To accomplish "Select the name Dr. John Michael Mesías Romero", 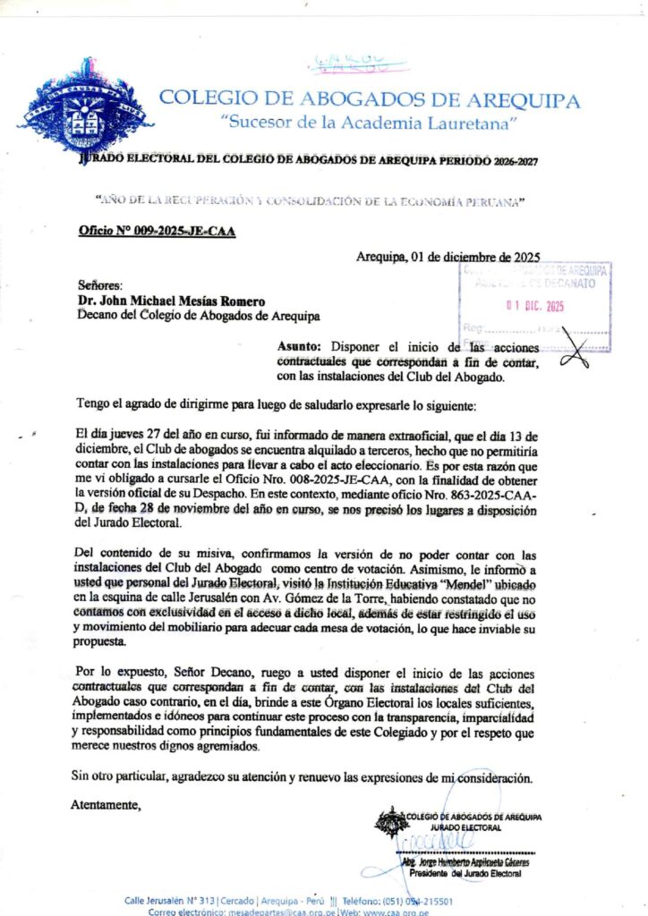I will coord(170,301).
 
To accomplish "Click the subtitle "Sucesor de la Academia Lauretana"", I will coord(371,121).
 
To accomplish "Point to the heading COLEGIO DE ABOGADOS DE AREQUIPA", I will coord(369,99).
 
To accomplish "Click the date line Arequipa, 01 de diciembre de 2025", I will coord(448,257).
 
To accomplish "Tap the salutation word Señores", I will coord(99,285).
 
